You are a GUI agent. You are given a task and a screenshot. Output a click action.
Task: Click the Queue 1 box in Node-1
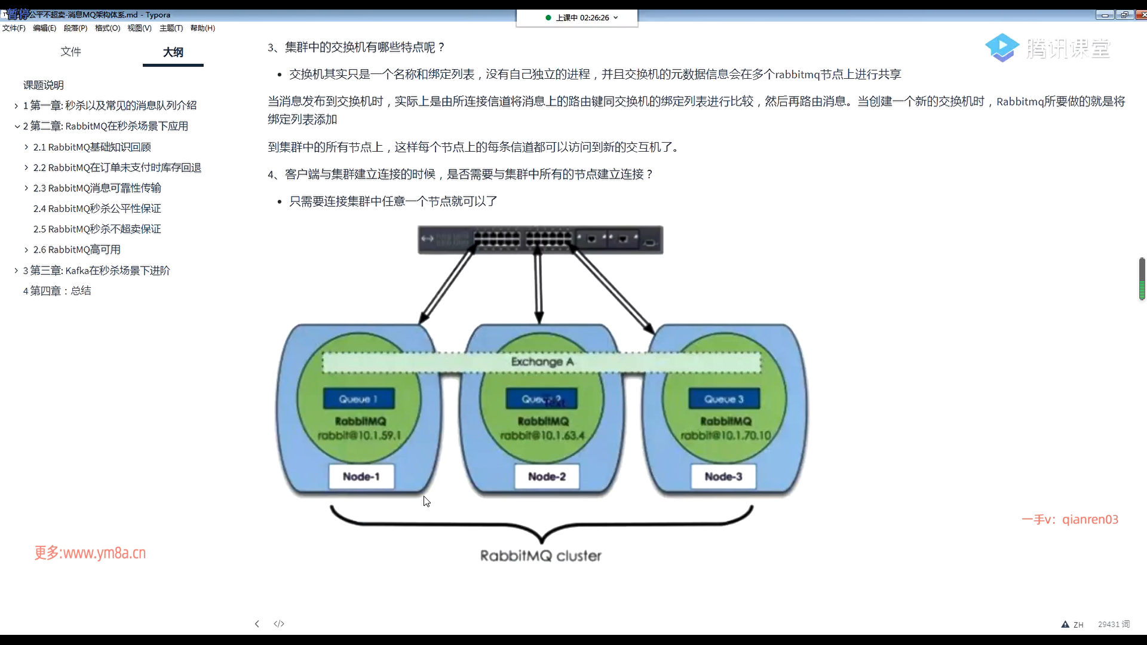pyautogui.click(x=358, y=399)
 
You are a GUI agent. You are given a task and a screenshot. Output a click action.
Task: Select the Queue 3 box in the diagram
pyautogui.click(x=724, y=399)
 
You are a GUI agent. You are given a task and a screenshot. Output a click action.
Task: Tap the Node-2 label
pyautogui.click(x=547, y=477)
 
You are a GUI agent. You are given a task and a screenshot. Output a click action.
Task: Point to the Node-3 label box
pyautogui.click(x=723, y=477)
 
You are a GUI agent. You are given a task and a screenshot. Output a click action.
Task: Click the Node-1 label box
pyautogui.click(x=361, y=477)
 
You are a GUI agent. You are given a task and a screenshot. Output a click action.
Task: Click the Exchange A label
pyautogui.click(x=542, y=362)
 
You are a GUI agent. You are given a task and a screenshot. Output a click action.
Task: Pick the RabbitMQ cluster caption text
pyautogui.click(x=541, y=556)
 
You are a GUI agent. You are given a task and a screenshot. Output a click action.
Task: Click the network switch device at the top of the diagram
pyautogui.click(x=540, y=239)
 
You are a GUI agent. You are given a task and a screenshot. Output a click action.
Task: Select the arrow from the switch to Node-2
pyautogui.click(x=539, y=287)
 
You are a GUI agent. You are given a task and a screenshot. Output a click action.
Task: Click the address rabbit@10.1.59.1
pyautogui.click(x=359, y=435)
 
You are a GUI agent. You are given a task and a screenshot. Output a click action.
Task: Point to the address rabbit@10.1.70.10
pyautogui.click(x=726, y=435)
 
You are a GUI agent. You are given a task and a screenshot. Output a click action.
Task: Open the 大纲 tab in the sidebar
pyautogui.click(x=173, y=53)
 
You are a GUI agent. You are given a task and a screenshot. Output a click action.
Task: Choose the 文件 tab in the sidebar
pyautogui.click(x=70, y=52)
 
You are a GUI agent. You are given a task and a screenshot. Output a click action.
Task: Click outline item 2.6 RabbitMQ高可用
pyautogui.click(x=76, y=250)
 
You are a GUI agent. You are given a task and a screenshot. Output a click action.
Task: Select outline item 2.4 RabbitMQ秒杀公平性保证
pyautogui.click(x=97, y=208)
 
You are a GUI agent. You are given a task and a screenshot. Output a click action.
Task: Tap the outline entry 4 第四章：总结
pyautogui.click(x=57, y=291)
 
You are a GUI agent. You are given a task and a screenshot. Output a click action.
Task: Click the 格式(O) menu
pyautogui.click(x=108, y=28)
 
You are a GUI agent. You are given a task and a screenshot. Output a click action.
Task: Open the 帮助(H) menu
pyautogui.click(x=203, y=28)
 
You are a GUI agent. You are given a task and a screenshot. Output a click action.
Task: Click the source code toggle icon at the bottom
pyautogui.click(x=279, y=623)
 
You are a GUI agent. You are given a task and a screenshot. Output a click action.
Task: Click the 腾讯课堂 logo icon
pyautogui.click(x=1002, y=48)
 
